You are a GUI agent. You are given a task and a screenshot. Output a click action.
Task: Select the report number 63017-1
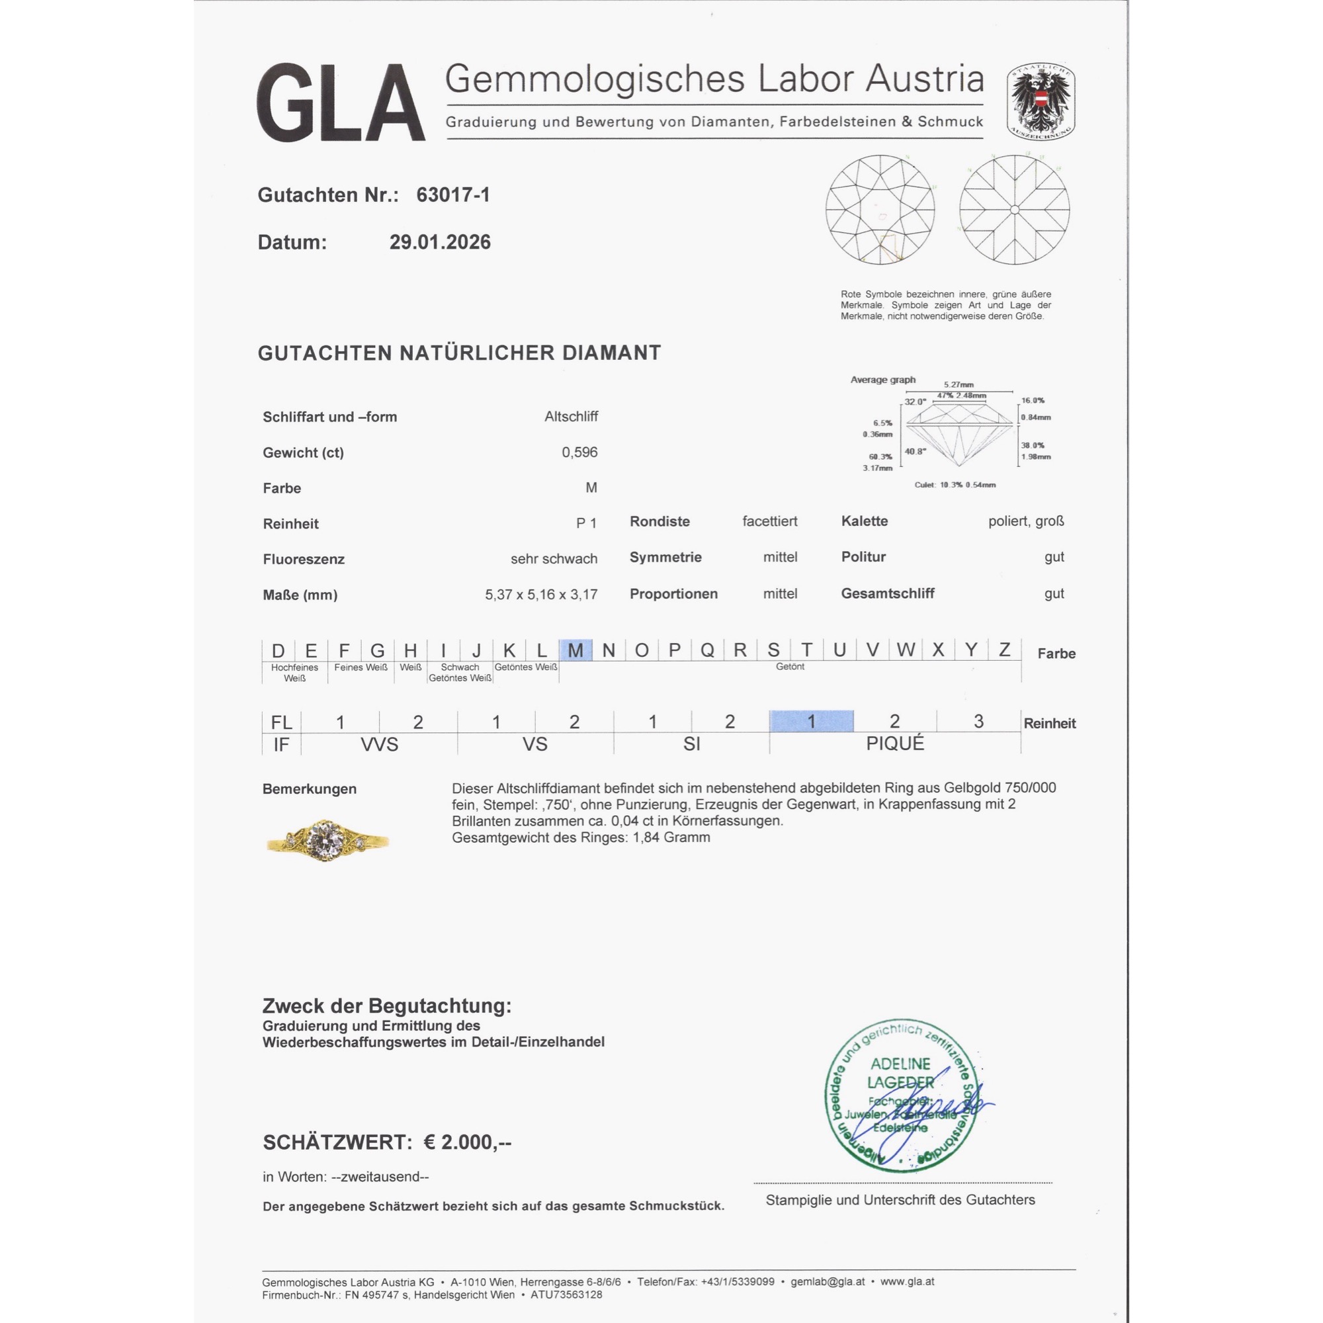(452, 195)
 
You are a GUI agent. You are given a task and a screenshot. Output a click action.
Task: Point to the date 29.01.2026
(440, 242)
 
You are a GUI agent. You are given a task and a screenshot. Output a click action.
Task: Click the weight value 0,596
(579, 452)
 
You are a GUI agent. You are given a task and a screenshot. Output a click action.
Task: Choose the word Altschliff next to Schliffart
(571, 416)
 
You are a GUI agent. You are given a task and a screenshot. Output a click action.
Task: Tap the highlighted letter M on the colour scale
(576, 650)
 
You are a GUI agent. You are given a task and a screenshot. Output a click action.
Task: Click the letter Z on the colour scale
(1004, 650)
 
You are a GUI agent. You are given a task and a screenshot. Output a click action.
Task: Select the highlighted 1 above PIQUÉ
(811, 721)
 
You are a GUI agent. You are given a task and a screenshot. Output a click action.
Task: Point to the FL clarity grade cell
(280, 722)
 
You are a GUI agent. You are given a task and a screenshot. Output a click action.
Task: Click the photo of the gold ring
(327, 839)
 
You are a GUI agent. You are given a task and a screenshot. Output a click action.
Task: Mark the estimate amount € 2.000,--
(467, 1142)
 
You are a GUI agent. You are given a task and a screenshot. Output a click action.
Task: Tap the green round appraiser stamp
(900, 1095)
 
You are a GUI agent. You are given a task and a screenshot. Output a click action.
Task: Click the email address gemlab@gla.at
(828, 1282)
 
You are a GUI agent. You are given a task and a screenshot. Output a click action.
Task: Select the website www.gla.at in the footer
(907, 1282)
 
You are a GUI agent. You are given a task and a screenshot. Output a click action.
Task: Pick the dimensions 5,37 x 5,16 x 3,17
(541, 595)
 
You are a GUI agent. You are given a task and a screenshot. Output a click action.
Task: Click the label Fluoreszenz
(304, 560)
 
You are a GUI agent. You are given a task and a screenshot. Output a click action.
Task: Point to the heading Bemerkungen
(309, 789)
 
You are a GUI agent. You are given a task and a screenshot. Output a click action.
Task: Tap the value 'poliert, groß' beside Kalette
(1026, 521)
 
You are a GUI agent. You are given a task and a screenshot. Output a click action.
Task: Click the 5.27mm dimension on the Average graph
(958, 385)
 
